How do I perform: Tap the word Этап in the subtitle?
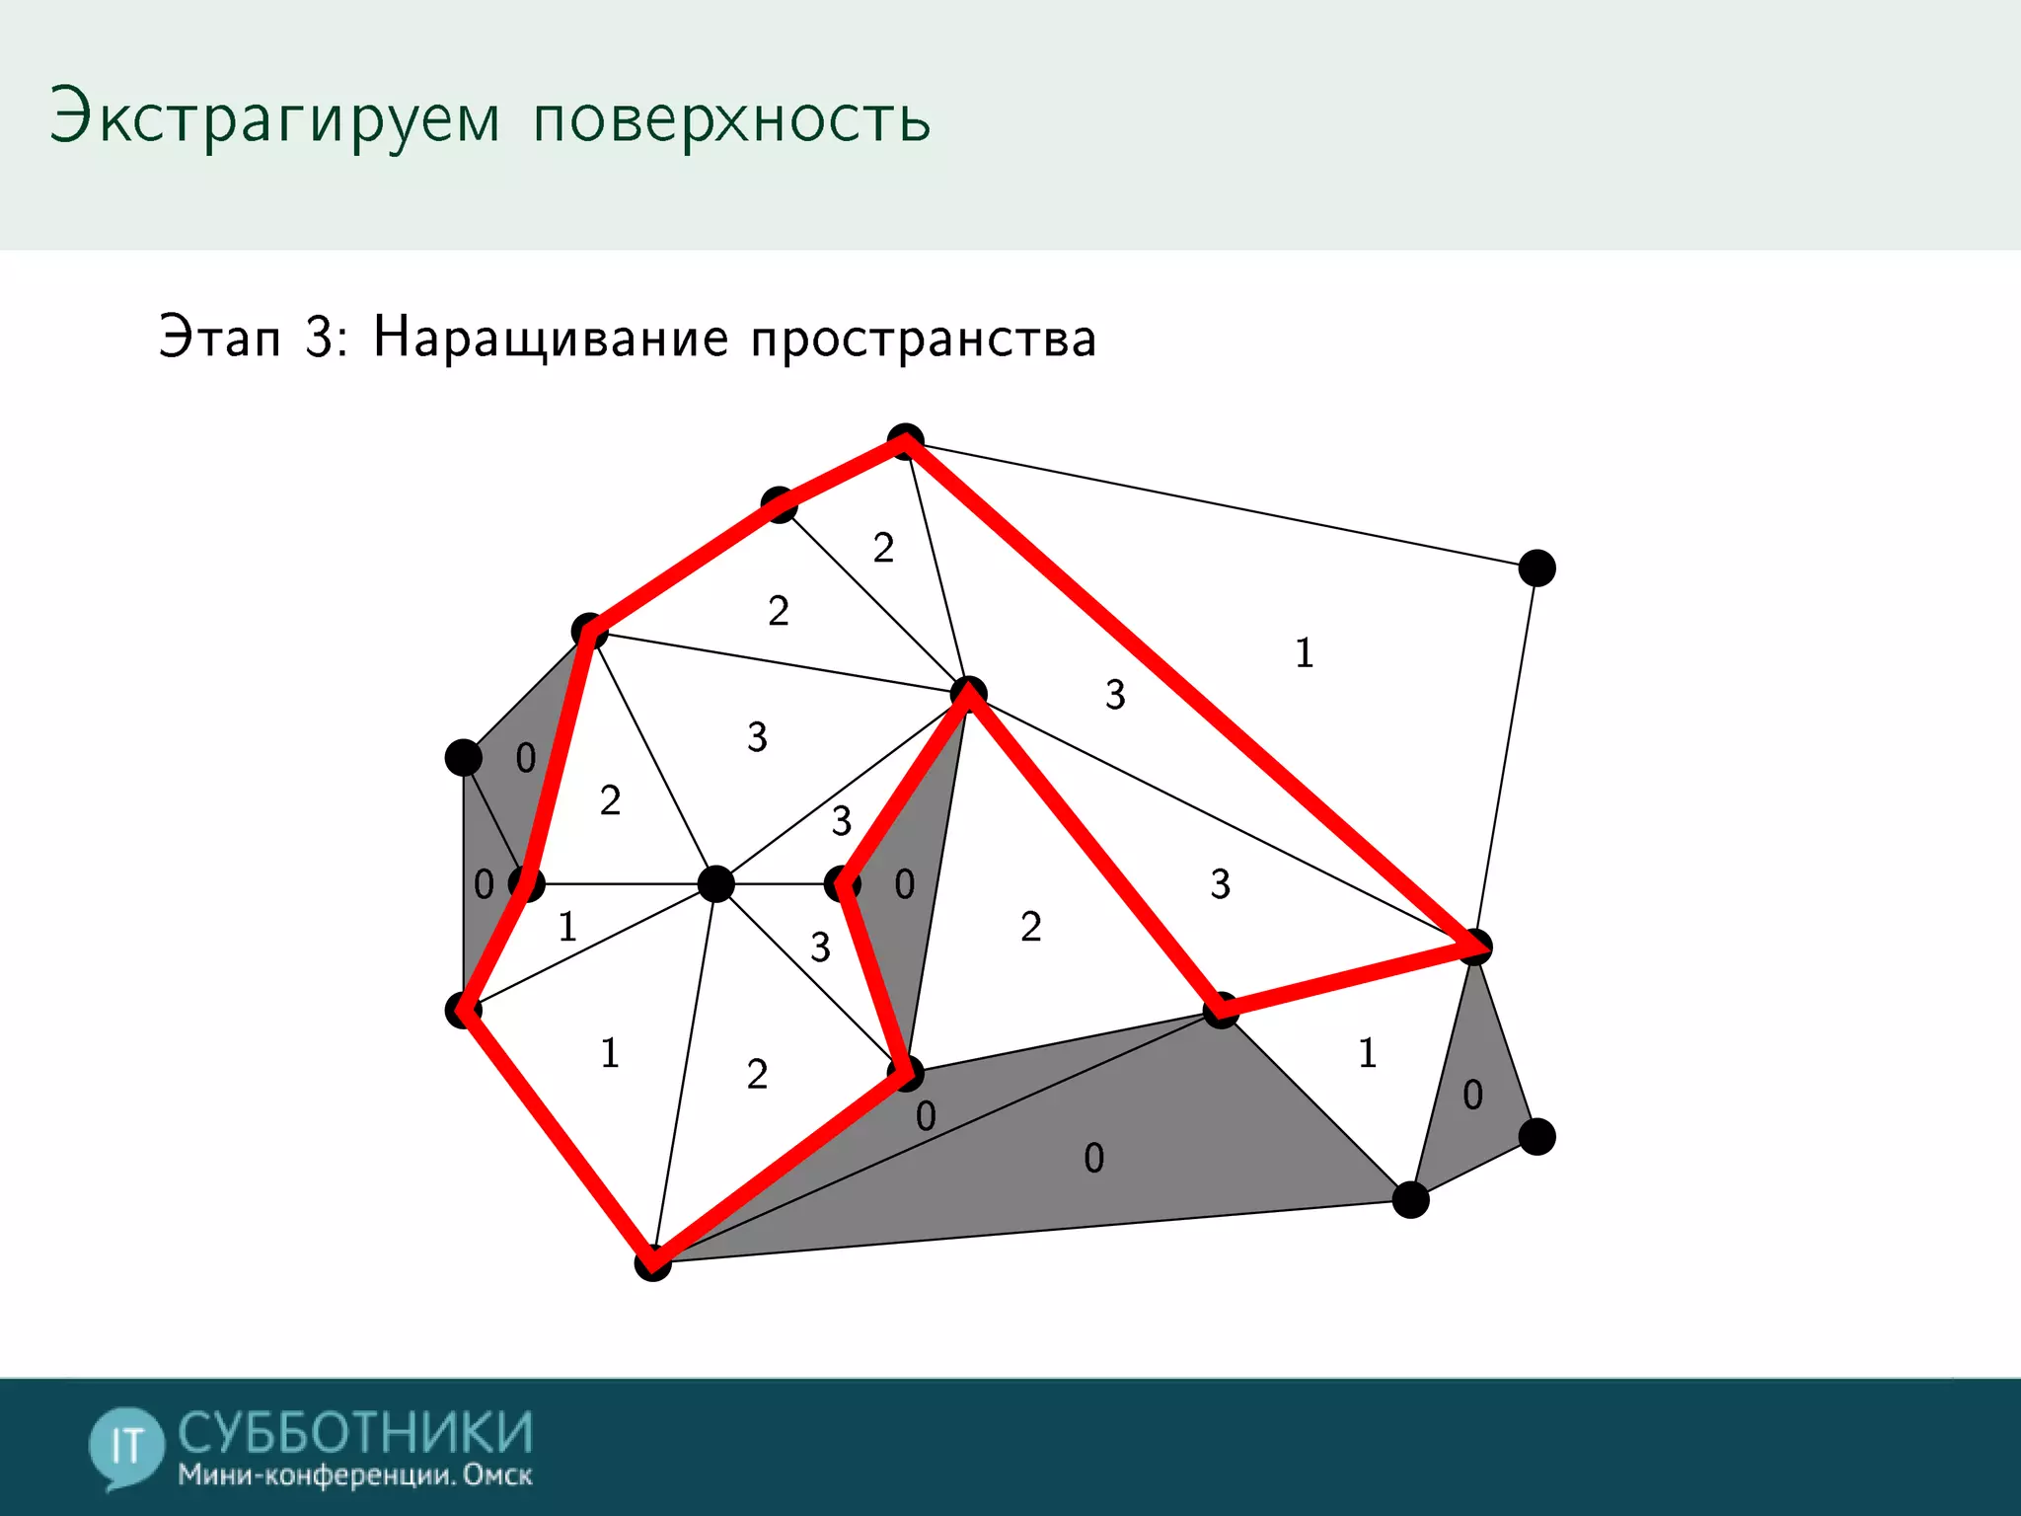(220, 338)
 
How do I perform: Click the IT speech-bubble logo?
(125, 1446)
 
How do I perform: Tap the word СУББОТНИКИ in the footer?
(355, 1433)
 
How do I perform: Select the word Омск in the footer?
(497, 1476)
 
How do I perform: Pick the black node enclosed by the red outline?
(715, 883)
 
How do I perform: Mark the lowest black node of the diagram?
(652, 1262)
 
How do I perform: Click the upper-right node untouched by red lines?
(1536, 568)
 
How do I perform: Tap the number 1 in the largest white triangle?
(1304, 652)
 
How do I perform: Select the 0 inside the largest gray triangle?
(1093, 1158)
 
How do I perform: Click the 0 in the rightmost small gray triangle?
(1472, 1095)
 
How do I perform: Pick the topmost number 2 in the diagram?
(883, 548)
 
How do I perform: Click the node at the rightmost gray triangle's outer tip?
(1536, 1136)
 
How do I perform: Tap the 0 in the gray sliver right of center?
(904, 884)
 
